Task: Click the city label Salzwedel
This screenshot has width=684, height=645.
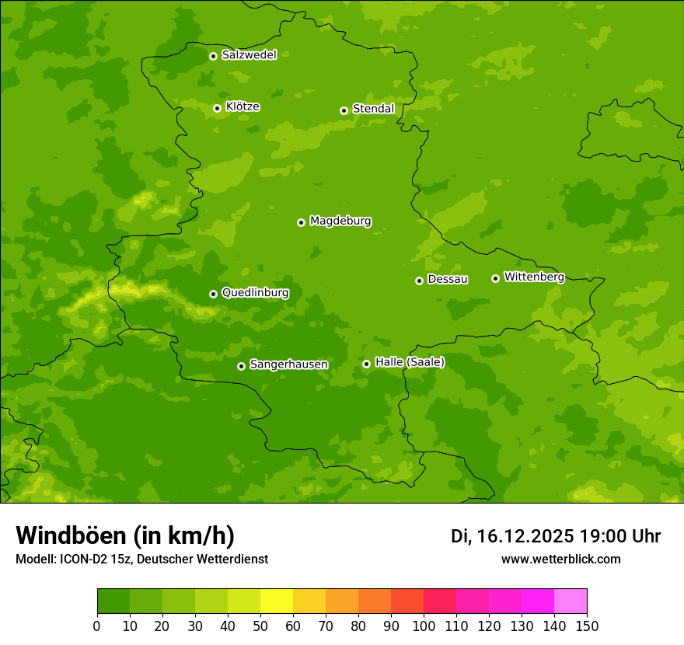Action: pos(249,55)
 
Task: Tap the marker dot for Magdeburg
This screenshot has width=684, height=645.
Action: pos(301,222)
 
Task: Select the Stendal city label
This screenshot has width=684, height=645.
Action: pos(373,109)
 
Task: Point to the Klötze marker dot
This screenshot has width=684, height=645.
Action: pos(217,108)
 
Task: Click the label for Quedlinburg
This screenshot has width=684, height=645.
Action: pos(255,293)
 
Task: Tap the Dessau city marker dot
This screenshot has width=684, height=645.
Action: pos(419,281)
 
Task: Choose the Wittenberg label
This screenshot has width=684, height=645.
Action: pos(534,277)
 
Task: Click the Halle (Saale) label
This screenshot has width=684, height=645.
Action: pos(410,362)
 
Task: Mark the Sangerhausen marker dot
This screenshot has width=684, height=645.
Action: pos(241,366)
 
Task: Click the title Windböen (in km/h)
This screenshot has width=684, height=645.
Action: pos(125,535)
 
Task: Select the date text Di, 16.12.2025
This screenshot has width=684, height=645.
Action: pos(512,536)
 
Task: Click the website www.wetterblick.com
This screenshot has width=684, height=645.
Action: pos(560,560)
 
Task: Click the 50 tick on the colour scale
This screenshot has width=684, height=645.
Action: pos(260,626)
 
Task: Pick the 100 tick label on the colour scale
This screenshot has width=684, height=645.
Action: pos(424,626)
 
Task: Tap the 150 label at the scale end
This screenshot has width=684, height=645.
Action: pos(587,626)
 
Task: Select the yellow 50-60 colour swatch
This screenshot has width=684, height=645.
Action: pos(276,601)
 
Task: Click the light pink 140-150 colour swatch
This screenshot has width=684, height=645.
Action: pos(571,601)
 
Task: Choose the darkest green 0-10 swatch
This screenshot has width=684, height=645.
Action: pos(113,601)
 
